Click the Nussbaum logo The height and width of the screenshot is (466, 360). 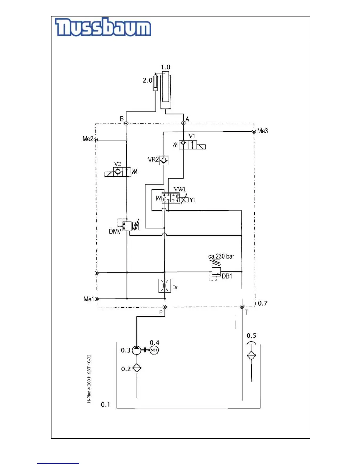pos(103,28)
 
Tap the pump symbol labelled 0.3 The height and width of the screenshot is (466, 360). pos(136,350)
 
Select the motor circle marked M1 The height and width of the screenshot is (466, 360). pos(154,350)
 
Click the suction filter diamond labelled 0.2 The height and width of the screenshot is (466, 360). pos(137,368)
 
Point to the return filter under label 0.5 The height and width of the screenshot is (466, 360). pos(251,355)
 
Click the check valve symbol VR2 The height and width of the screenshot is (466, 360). pos(164,160)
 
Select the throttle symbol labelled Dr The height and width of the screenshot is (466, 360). pos(164,286)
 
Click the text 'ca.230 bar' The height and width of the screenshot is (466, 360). pos(221,256)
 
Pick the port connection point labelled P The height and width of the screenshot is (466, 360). pos(165,307)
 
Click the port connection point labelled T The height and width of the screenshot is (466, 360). pos(242,307)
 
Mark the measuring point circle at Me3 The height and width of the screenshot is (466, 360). pos(254,132)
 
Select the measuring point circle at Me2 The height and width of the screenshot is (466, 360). pos(96,140)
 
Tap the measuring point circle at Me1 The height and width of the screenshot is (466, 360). pos(97,299)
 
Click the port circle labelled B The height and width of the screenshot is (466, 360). pos(126,123)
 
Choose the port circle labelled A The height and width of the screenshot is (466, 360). pos(183,123)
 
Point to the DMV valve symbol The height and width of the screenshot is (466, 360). pos(127,226)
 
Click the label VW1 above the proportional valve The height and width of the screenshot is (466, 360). pos(180,189)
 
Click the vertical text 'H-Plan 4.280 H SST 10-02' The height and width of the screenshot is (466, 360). pos(89,379)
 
